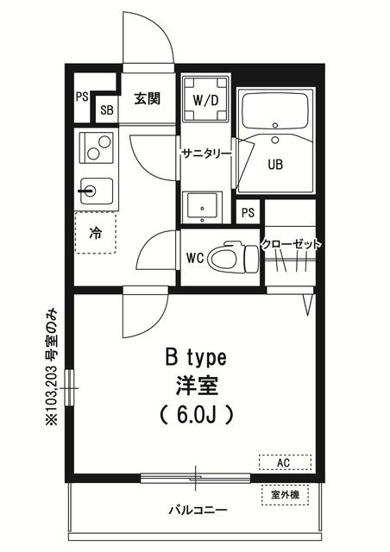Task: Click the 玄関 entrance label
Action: click(x=148, y=98)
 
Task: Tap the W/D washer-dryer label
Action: click(x=205, y=101)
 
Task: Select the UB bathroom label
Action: click(x=275, y=165)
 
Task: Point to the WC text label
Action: click(x=195, y=259)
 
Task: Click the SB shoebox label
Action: click(x=107, y=110)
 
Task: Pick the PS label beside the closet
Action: click(x=248, y=212)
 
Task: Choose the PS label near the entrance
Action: click(x=82, y=97)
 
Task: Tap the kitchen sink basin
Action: click(x=97, y=191)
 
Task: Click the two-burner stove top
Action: click(x=97, y=147)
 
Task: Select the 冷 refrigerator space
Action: click(x=96, y=232)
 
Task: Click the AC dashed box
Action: click(x=285, y=462)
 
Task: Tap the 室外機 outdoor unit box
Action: click(x=285, y=495)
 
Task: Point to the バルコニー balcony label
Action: click(x=198, y=510)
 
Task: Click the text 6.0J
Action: click(x=196, y=416)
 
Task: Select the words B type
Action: click(x=196, y=359)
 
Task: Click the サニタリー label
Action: click(x=207, y=154)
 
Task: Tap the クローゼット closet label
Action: click(x=291, y=244)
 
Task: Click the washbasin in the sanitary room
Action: click(x=202, y=207)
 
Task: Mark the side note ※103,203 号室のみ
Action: click(x=52, y=367)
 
